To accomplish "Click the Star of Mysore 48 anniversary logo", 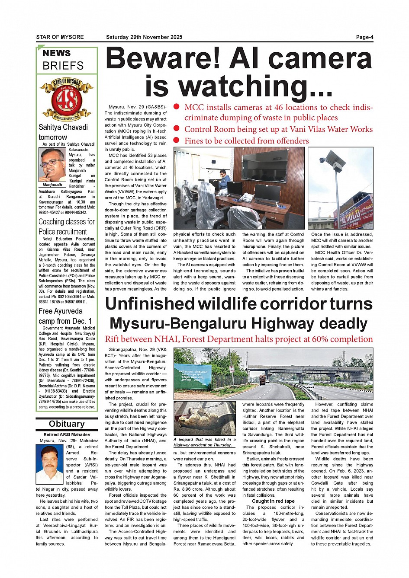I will point(67,99).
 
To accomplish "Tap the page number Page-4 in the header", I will point(364,37).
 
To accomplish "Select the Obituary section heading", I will point(67,424).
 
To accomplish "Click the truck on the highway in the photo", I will point(262,380).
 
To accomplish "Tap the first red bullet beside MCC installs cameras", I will point(177,107).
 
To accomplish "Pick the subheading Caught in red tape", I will point(273,501).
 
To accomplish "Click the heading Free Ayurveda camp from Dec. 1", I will point(65,316).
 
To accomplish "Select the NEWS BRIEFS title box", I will point(67,60).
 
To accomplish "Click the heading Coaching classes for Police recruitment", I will point(67,227).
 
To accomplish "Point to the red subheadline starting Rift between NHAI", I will point(238,339).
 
